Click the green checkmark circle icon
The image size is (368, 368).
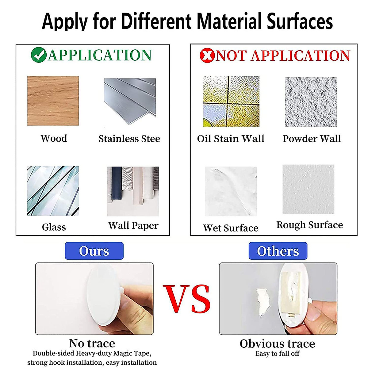click(x=39, y=55)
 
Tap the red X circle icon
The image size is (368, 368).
click(x=207, y=56)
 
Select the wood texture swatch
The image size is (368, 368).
click(x=53, y=101)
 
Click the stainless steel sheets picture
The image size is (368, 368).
click(x=130, y=101)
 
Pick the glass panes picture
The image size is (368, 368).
click(x=53, y=191)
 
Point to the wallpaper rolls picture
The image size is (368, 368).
click(x=133, y=191)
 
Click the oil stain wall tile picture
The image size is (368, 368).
click(x=231, y=101)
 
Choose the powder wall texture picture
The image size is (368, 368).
click(x=311, y=102)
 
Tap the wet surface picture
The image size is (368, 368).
click(x=231, y=191)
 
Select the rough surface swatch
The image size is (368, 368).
click(x=309, y=189)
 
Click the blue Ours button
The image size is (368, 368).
click(x=94, y=251)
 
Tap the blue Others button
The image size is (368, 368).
click(x=278, y=251)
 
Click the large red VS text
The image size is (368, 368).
click(x=186, y=299)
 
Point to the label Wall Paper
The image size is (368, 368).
click(x=133, y=226)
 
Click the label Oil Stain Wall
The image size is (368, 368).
click(x=231, y=138)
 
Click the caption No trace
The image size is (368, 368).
click(x=92, y=343)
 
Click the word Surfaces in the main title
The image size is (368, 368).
click(x=300, y=21)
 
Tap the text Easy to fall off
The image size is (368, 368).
click(x=278, y=354)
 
